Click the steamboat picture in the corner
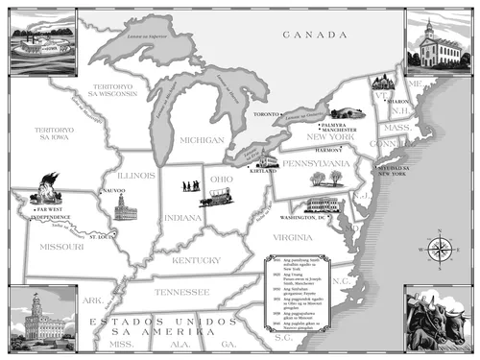38,43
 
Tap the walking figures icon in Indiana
192,185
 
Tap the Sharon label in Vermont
396,99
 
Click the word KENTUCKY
196,259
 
